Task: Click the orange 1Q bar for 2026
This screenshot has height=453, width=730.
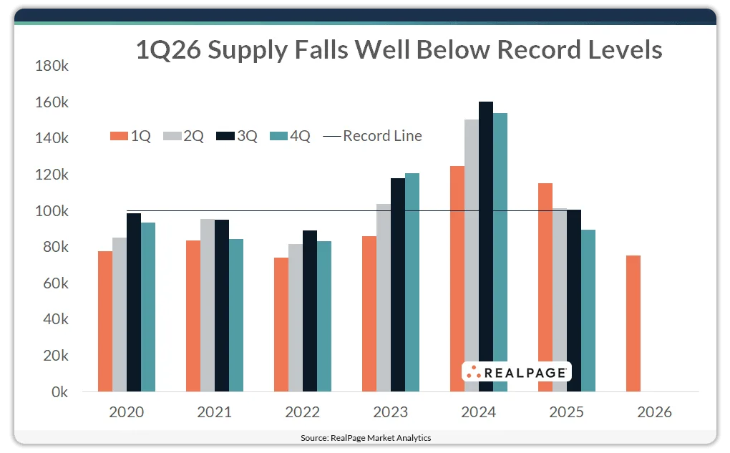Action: (x=633, y=323)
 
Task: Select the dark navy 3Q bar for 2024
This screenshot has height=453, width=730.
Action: (x=486, y=246)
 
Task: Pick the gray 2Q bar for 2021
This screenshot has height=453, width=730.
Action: (x=208, y=305)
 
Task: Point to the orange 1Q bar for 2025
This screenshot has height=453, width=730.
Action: (x=545, y=287)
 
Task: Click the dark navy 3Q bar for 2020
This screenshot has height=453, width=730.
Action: (x=134, y=302)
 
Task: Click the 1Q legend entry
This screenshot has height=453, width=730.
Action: (x=130, y=136)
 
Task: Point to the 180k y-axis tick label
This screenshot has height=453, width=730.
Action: (x=52, y=66)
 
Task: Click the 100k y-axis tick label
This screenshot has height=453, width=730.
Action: (x=52, y=211)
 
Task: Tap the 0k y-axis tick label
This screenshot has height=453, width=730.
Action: (x=57, y=392)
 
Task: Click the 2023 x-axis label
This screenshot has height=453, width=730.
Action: (x=390, y=413)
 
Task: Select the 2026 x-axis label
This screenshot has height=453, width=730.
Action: (x=654, y=413)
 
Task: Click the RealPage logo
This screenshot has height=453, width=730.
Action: (x=516, y=371)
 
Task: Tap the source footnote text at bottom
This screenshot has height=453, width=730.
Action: (x=365, y=437)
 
